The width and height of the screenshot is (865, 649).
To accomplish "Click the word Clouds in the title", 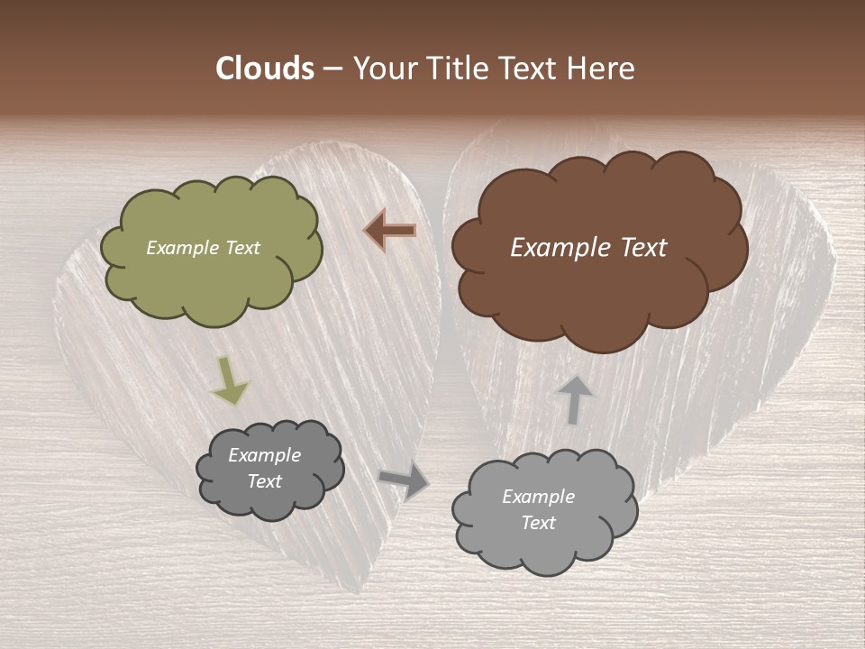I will coord(264,69).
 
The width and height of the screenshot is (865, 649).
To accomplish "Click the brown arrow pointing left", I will coord(390,231).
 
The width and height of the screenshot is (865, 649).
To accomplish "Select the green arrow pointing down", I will coord(229,380).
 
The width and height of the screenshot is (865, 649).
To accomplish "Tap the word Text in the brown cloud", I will coord(642,248).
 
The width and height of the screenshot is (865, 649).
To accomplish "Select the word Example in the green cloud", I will coord(183,248).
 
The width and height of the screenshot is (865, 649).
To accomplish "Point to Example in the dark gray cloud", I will coord(264,455).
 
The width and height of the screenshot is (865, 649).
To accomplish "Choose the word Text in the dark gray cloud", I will coord(264,481).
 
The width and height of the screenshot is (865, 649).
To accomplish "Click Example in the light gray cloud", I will coord(538,497).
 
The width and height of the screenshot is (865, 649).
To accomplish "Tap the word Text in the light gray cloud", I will coord(538,523).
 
